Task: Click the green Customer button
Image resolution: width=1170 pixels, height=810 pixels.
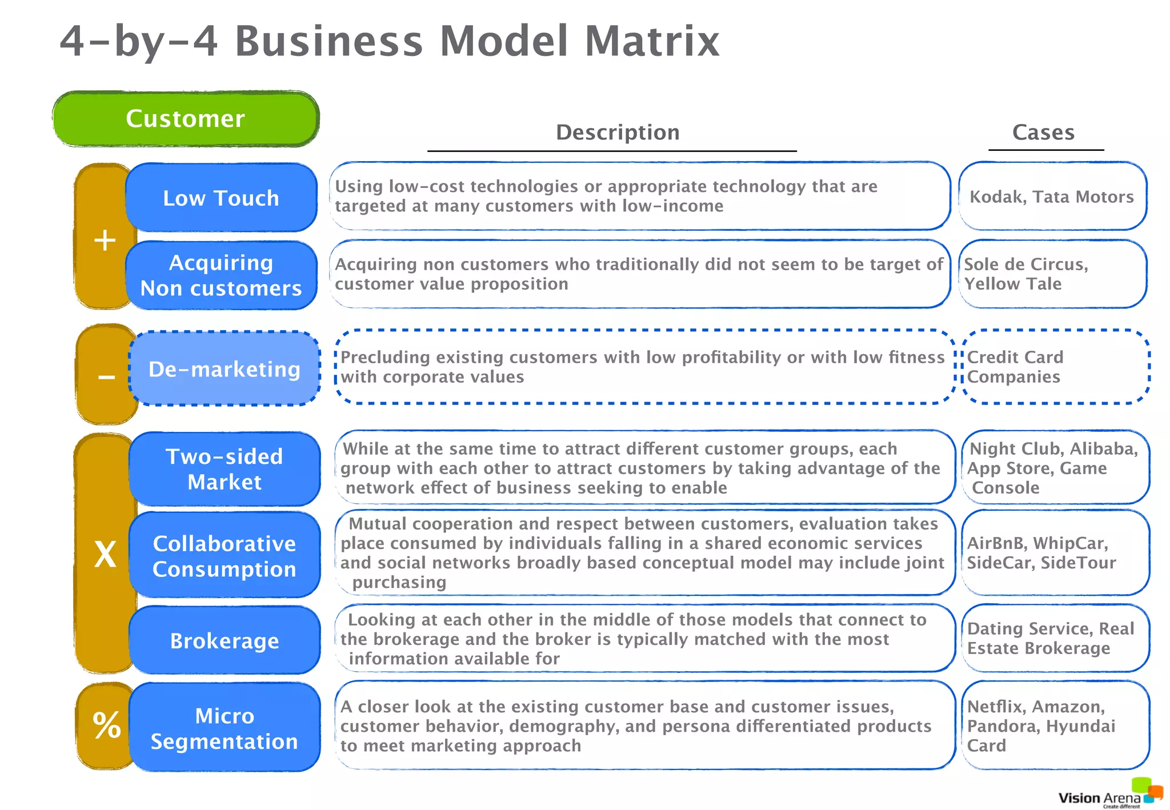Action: tap(186, 119)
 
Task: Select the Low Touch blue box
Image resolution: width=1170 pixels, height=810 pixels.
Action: tap(221, 198)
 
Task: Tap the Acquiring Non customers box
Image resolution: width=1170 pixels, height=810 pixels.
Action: tap(221, 275)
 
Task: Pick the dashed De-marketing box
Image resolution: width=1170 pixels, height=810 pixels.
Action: tap(224, 369)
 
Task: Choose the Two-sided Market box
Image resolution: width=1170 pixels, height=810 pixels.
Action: tap(224, 469)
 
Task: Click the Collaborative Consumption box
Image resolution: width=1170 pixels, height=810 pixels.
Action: tap(224, 556)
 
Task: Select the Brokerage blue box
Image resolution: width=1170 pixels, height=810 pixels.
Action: tap(224, 640)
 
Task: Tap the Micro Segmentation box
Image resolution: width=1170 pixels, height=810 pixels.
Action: tap(224, 728)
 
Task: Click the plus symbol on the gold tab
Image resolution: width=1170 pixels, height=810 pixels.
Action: tap(105, 240)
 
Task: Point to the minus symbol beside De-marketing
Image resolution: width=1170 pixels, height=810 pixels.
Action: tap(106, 377)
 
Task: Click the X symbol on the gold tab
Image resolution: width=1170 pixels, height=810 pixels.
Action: tap(105, 554)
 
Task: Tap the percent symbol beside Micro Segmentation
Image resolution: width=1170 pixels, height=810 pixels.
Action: tap(106, 725)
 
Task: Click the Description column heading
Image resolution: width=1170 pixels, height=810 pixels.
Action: tap(618, 133)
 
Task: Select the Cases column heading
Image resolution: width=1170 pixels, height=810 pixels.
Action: tap(1043, 133)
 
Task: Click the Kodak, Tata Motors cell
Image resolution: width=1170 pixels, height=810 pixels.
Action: tap(1052, 197)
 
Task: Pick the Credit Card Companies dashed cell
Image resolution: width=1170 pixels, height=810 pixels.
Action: tap(1055, 367)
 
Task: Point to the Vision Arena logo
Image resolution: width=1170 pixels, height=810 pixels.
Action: tap(1109, 795)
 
